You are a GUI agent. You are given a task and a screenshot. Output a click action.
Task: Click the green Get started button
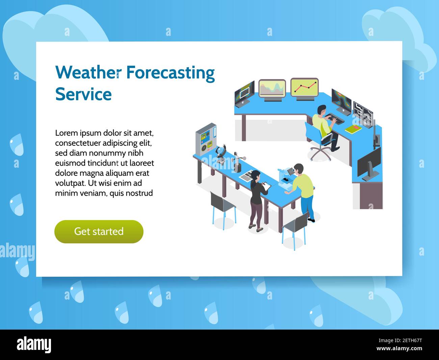coord(99,232)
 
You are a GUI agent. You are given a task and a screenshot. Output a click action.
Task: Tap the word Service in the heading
coord(83,94)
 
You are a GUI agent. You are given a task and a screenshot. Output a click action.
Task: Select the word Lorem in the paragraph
coord(67,133)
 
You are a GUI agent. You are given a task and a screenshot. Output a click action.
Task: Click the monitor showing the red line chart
coord(304,88)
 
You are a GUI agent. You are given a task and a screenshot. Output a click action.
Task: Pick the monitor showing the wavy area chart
coord(272,89)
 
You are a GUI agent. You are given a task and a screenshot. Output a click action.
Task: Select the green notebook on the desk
coord(353,129)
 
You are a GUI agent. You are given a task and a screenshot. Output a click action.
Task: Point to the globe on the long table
coord(221,151)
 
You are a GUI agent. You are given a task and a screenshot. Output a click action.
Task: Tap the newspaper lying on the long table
coord(247,175)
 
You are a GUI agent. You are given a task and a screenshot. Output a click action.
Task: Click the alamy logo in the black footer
coord(34,345)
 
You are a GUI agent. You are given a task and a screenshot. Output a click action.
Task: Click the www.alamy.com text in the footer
coord(399,349)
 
